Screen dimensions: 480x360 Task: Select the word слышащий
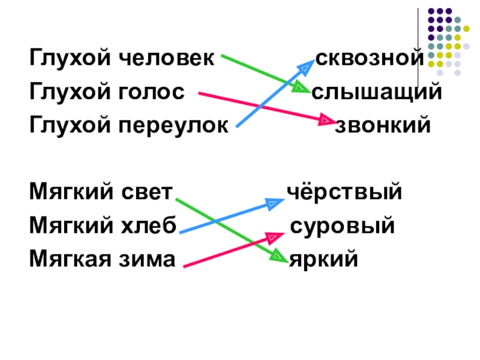377,92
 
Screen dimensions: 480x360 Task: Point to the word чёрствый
343,193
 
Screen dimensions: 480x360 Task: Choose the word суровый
342,227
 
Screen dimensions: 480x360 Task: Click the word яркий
324,260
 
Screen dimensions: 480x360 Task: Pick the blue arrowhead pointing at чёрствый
275,204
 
